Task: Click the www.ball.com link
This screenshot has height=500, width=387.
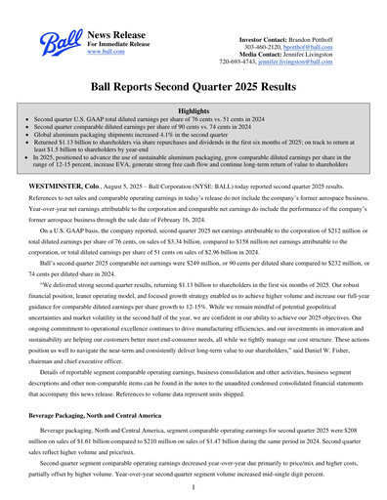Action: click(x=106, y=52)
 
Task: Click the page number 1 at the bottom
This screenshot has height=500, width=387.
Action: click(x=193, y=486)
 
